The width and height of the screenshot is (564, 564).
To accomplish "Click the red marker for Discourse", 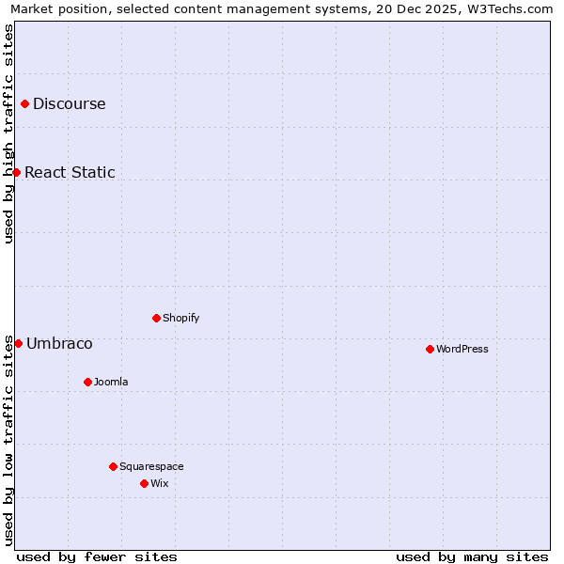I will [24, 104].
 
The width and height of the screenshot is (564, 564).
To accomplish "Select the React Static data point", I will [16, 172].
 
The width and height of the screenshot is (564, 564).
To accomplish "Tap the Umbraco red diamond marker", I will [18, 343].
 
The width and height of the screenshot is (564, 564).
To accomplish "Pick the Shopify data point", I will [156, 318].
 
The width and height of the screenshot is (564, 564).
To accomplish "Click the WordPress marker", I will [430, 349].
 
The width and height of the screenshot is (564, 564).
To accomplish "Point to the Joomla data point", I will [87, 382].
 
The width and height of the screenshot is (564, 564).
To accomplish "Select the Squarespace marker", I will [113, 466].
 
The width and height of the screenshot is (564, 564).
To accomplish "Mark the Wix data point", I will [144, 483].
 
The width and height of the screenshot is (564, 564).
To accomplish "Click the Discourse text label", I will [70, 104].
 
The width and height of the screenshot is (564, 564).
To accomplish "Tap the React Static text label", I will [70, 172].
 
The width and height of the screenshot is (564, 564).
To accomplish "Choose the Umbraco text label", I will [59, 343].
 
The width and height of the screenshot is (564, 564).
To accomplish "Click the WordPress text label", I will [462, 349].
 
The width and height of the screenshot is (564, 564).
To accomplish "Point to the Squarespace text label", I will [151, 466].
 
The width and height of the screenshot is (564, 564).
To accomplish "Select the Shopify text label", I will [181, 318].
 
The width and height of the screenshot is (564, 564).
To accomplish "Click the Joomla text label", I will [111, 382].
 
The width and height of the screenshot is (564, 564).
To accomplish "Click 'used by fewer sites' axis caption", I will [97, 556].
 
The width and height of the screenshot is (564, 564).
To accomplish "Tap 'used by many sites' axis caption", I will [472, 556].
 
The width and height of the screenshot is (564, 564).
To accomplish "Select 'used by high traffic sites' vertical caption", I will [8, 133].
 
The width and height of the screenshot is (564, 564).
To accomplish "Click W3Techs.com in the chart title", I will [506, 9].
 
